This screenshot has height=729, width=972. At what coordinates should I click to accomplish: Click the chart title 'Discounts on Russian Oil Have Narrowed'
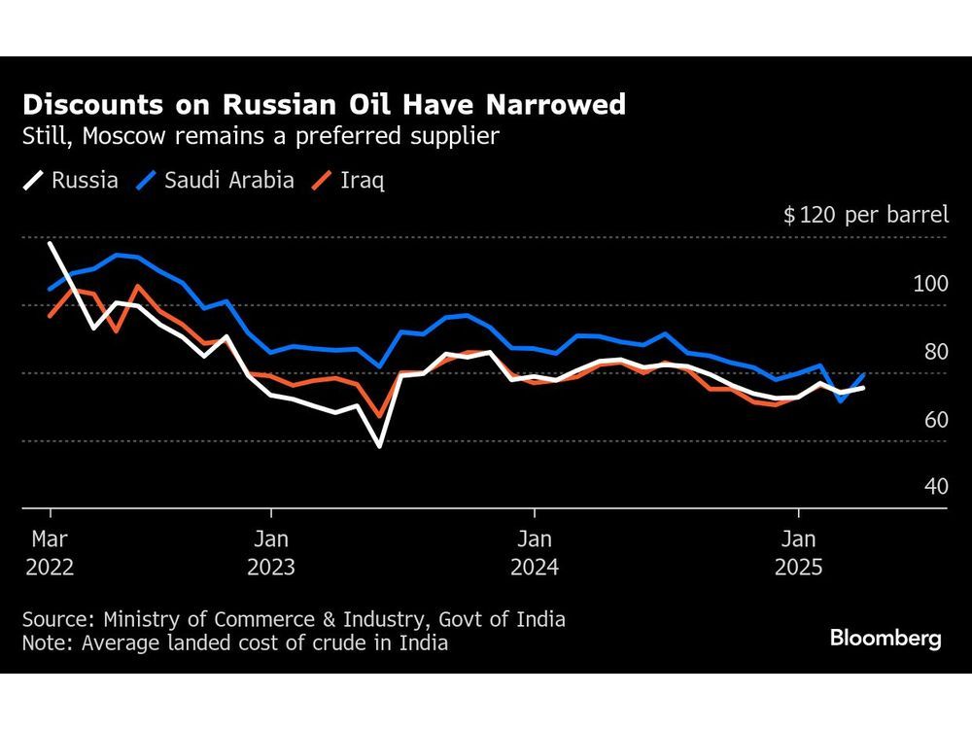tap(324, 104)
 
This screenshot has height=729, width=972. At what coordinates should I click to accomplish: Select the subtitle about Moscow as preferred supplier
tap(260, 136)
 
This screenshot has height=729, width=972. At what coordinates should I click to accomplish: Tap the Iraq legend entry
tap(349, 180)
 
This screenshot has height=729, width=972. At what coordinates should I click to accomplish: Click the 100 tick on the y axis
tap(929, 284)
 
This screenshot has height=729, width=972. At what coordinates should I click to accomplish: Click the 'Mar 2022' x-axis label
tap(50, 551)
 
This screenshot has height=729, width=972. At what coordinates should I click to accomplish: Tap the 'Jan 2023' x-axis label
tap(272, 551)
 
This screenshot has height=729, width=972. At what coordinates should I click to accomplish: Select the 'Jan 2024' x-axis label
tap(534, 551)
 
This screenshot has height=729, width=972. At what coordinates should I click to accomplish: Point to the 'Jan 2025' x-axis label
tap(798, 551)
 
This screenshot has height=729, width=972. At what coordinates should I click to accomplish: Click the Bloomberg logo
tap(885, 639)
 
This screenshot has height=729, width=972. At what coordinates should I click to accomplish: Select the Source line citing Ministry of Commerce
tap(293, 619)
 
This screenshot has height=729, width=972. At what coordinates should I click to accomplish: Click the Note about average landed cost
tap(234, 642)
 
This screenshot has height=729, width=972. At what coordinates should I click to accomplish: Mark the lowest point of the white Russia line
tap(378, 445)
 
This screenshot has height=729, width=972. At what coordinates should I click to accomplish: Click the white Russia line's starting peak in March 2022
tap(51, 243)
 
